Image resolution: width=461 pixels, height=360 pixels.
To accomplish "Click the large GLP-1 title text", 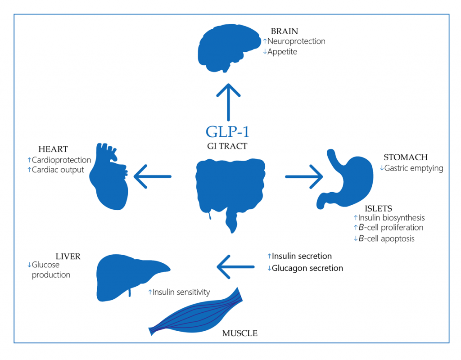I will [x=227, y=131].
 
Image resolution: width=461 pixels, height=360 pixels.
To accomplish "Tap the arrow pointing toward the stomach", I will [x=304, y=176].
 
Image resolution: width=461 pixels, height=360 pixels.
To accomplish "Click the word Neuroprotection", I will [x=296, y=41].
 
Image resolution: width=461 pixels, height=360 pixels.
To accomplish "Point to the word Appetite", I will [x=282, y=52].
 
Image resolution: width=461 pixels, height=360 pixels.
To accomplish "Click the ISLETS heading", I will [x=378, y=208].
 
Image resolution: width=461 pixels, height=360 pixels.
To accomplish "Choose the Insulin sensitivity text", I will [x=181, y=292].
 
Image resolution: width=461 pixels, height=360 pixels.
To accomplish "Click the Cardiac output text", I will [x=58, y=170].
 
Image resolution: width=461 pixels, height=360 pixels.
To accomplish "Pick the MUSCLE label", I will [x=240, y=333].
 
